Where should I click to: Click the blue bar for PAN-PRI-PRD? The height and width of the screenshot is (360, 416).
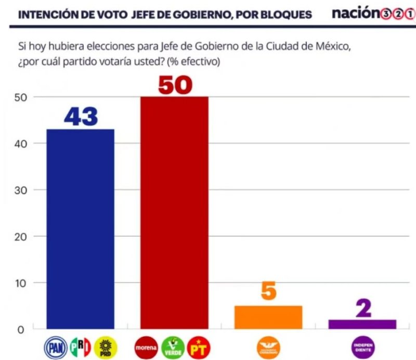click(x=81, y=229)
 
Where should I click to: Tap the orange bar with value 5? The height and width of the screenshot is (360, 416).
click(x=268, y=317)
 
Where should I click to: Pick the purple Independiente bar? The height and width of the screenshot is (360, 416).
click(x=362, y=324)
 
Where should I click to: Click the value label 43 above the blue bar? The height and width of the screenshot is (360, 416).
click(x=81, y=117)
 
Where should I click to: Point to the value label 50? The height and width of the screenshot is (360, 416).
click(x=175, y=85)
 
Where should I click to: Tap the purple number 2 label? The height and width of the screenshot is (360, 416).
click(x=363, y=308)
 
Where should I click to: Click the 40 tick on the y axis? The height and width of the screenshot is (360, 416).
click(x=19, y=144)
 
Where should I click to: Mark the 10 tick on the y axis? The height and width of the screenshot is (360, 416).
click(x=19, y=283)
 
